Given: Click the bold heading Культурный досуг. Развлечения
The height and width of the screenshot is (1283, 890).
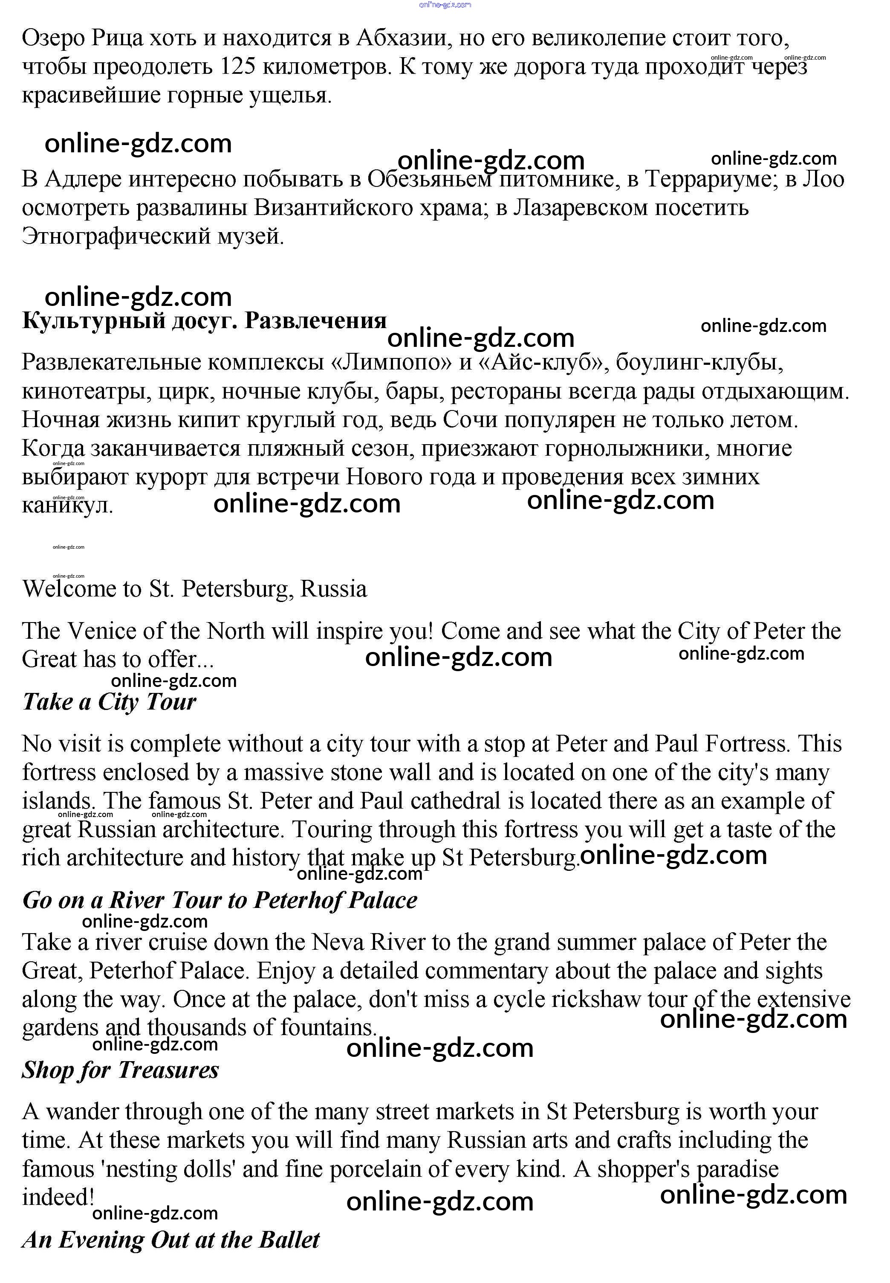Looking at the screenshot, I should [204, 321].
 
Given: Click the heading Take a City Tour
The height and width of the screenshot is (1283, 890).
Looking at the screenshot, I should [109, 701].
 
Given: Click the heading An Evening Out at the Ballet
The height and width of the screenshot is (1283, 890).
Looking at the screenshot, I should [170, 1240].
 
